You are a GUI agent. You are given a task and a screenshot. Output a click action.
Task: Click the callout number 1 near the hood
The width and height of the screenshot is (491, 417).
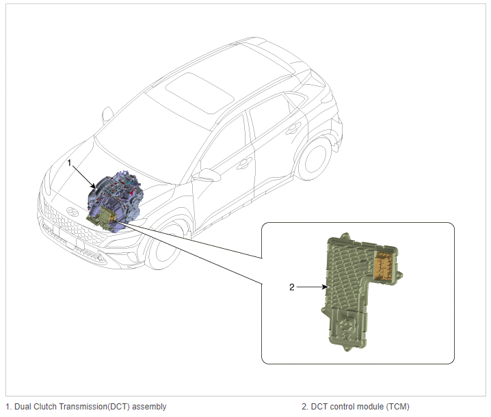pyautogui.click(x=70, y=163)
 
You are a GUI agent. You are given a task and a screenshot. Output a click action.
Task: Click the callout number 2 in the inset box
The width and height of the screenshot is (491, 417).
pyautogui.click(x=292, y=287)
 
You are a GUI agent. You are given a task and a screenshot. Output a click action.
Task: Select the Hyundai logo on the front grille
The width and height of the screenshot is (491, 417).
pyautogui.click(x=72, y=212)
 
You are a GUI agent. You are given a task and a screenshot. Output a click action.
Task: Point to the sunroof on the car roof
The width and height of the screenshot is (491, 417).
pyautogui.click(x=200, y=93)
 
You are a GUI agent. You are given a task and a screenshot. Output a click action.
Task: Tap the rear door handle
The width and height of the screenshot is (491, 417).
pyautogui.click(x=293, y=128)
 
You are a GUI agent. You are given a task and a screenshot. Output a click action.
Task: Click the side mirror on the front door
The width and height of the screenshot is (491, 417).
pyautogui.click(x=206, y=175)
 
